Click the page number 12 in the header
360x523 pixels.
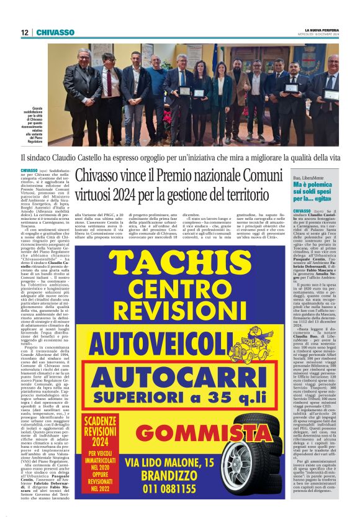(25, 32)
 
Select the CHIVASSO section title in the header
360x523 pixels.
(55, 32)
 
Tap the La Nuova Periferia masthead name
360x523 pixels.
(322, 30)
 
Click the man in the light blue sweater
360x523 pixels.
(160, 93)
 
